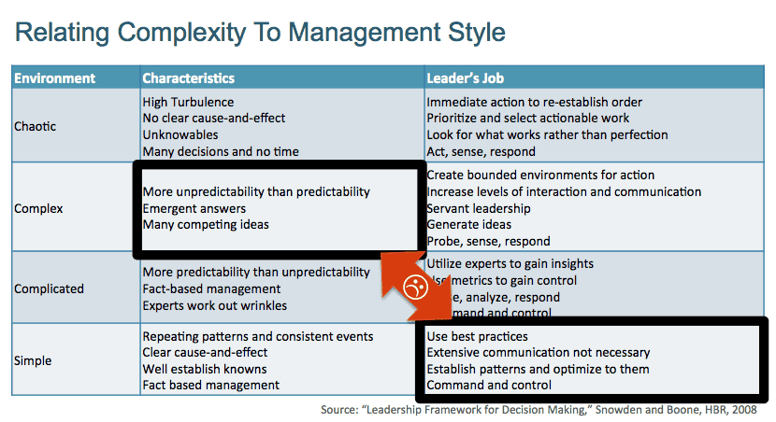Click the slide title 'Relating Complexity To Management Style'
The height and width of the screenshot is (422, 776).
pyautogui.click(x=260, y=34)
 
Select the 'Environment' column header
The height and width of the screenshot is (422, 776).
pyautogui.click(x=54, y=78)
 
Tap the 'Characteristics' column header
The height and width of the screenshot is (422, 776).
pyautogui.click(x=188, y=78)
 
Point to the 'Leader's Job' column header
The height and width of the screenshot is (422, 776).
pyautogui.click(x=466, y=78)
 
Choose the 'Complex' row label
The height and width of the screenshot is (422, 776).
pyautogui.click(x=38, y=208)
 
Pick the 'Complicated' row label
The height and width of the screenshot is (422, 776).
pyautogui.click(x=49, y=288)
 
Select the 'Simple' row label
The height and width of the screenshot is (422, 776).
pyautogui.click(x=33, y=360)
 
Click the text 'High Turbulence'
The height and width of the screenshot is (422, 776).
pyautogui.click(x=188, y=102)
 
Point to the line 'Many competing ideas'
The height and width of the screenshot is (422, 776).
pyautogui.click(x=206, y=225)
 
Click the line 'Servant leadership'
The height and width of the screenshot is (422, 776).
pyautogui.click(x=479, y=208)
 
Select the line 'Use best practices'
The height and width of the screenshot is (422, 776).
pyautogui.click(x=477, y=336)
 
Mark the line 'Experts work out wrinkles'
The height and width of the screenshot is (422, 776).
pyautogui.click(x=215, y=305)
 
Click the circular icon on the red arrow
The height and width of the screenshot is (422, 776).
pyautogui.click(x=414, y=288)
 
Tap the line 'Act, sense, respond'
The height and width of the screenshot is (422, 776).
pyautogui.click(x=481, y=151)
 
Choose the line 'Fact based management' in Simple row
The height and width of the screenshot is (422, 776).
pyautogui.click(x=210, y=385)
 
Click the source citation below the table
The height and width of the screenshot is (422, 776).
pyautogui.click(x=543, y=409)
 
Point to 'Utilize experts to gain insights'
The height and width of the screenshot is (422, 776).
pyautogui.click(x=510, y=264)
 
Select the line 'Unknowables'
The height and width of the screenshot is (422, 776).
pyautogui.click(x=180, y=134)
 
